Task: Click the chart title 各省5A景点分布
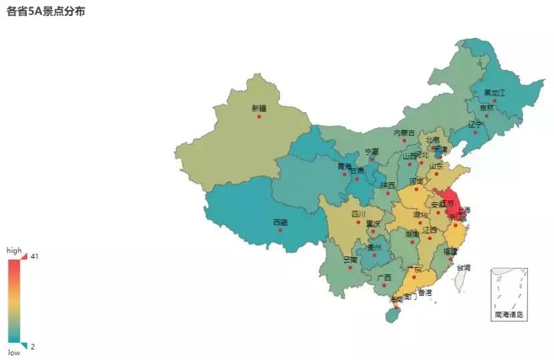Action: [x=46, y=12]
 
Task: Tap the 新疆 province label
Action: [x=259, y=108]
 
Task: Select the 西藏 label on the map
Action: [x=280, y=222]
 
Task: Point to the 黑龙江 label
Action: [x=495, y=92]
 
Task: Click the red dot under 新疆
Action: [x=259, y=117]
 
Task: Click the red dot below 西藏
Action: [x=280, y=231]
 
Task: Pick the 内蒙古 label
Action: [x=404, y=133]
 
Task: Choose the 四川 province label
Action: [x=358, y=214]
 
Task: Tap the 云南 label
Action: [x=350, y=260]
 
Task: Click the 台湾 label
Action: [x=463, y=267]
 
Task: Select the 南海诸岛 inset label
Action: [x=509, y=314]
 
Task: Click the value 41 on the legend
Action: [x=34, y=256]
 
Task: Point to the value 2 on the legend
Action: [x=33, y=346]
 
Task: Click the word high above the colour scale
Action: [x=14, y=250]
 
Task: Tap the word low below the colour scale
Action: [x=14, y=353]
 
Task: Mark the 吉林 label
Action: [x=487, y=108]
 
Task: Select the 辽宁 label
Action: [x=475, y=124]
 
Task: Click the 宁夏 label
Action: [x=372, y=152]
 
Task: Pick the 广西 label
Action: [x=384, y=277]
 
